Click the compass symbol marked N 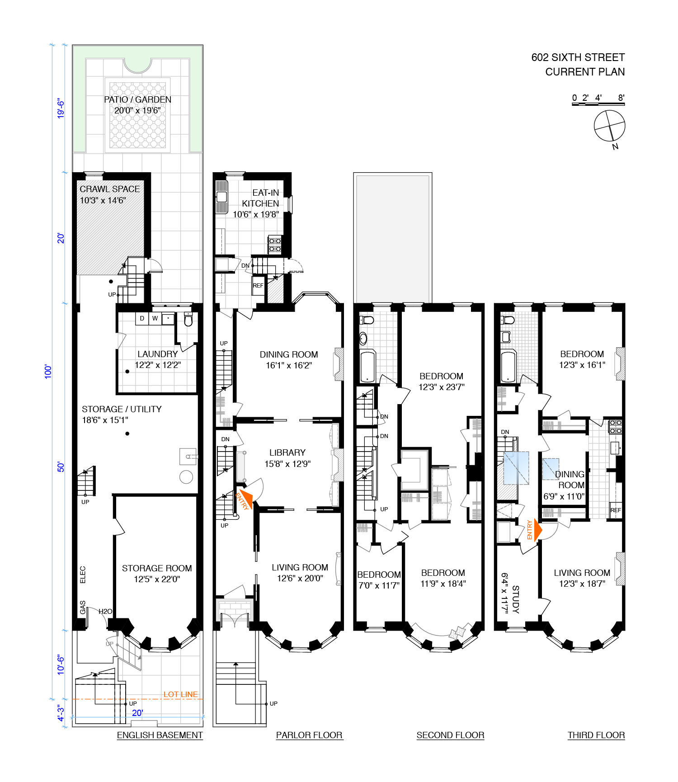609,126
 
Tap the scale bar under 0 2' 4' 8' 598,104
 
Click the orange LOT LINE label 180,694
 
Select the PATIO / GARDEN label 137,99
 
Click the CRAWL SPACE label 110,189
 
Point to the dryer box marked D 142,319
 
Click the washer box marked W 155,319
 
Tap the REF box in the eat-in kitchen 258,286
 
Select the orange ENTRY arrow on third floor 537,530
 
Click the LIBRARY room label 287,452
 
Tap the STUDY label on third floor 515,599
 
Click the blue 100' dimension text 48,371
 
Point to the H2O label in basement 105,612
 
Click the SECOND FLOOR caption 450,735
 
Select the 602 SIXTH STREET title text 578,57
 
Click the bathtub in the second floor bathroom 367,366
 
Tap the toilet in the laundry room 188,320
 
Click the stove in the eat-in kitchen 275,245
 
